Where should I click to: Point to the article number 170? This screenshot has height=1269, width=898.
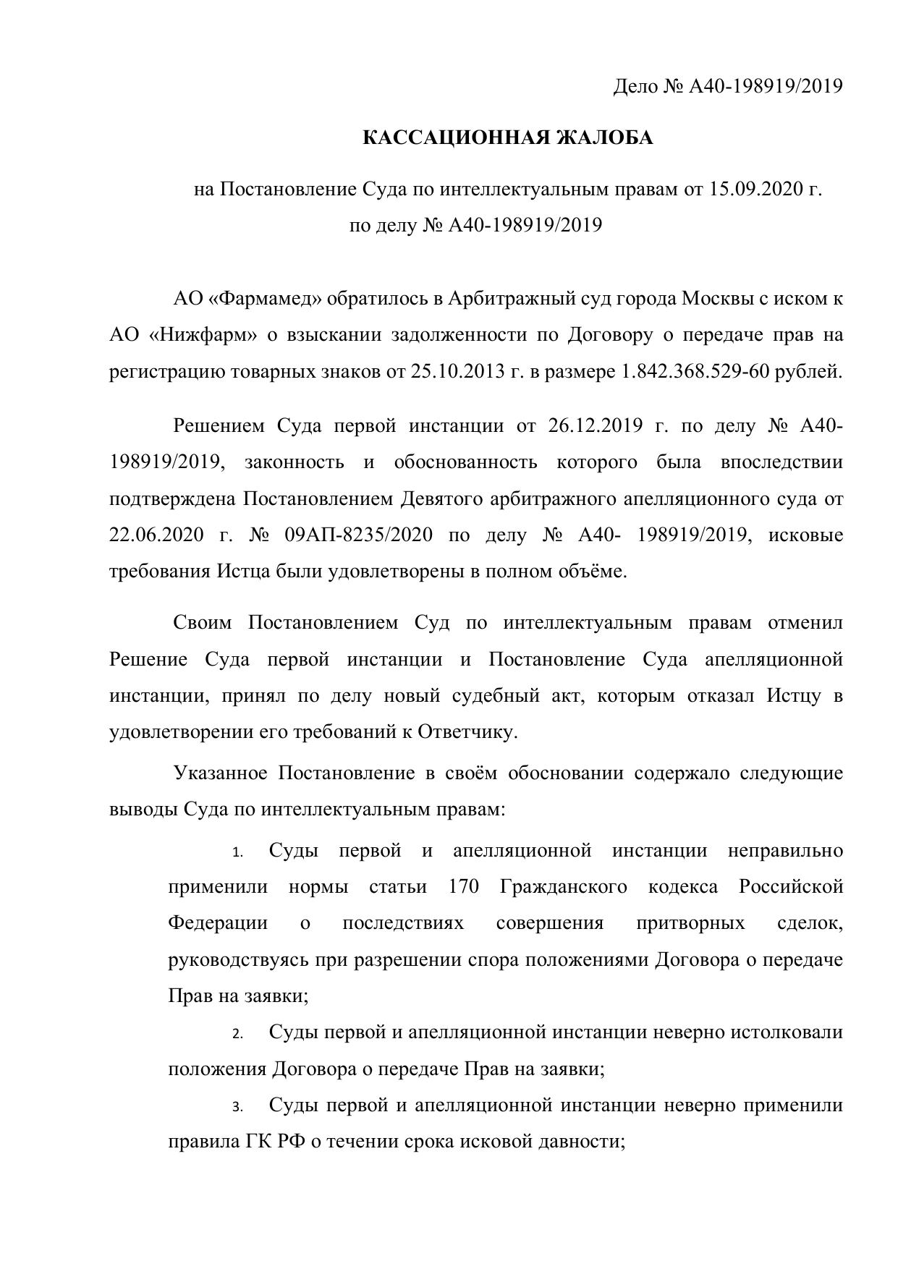click(x=463, y=887)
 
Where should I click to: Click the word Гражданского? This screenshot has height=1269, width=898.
click(x=563, y=887)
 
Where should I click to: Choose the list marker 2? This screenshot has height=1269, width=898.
click(x=237, y=1035)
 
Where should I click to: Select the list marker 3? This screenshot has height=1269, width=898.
click(x=237, y=1108)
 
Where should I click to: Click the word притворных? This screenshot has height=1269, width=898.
click(x=690, y=923)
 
